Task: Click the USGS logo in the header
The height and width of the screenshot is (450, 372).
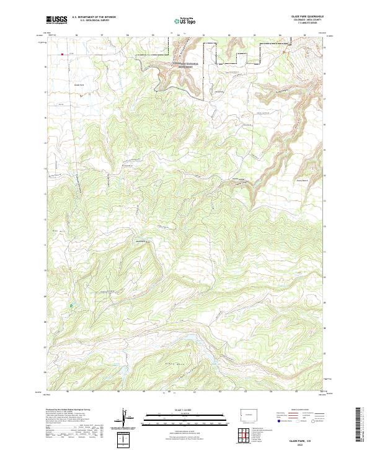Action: click(56, 20)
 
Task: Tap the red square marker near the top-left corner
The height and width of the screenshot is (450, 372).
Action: click(62, 54)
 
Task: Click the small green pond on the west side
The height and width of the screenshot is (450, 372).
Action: click(71, 305)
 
